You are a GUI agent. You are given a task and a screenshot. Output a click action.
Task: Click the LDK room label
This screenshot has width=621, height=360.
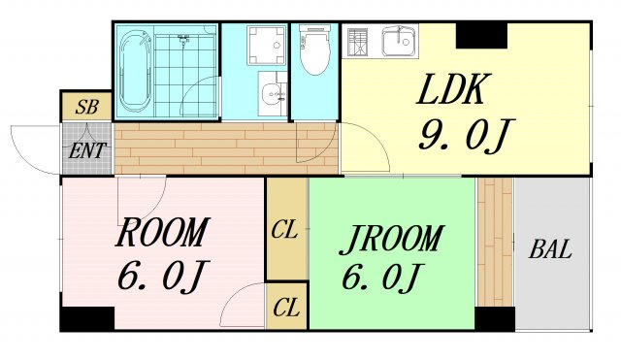coord(450,89)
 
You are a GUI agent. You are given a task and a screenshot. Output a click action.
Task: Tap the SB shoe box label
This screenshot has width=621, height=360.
coord(86,107)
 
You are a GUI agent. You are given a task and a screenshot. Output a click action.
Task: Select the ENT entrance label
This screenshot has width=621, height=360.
coord(87,150)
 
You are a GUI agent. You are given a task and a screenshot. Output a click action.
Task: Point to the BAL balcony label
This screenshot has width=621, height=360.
coord(550,249)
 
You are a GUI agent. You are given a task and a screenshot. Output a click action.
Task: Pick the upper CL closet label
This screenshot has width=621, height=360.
coord(284,230)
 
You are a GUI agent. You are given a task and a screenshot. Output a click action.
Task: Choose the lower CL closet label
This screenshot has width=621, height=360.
coord(286,308)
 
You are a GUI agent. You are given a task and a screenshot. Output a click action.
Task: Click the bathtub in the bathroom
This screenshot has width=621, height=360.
coord(135,71)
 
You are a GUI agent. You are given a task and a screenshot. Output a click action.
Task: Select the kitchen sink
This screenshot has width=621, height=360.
coord(400,41)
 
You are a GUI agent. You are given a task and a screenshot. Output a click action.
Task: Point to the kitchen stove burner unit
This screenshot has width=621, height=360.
coord(357,42)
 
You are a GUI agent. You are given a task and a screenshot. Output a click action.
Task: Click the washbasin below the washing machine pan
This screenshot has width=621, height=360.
coord(273,94)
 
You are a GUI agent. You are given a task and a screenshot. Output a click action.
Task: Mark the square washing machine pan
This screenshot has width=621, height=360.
coord(267,45)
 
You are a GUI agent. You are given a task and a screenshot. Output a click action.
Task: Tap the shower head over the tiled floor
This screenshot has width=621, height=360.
coord(183,40)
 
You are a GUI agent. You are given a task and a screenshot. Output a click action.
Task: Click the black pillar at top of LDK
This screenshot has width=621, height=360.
coord(481,36)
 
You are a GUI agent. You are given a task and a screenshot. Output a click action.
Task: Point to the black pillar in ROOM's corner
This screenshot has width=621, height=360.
coord(87,318)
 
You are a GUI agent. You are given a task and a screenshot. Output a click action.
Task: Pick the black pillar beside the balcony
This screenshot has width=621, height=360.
coord(495,318)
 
